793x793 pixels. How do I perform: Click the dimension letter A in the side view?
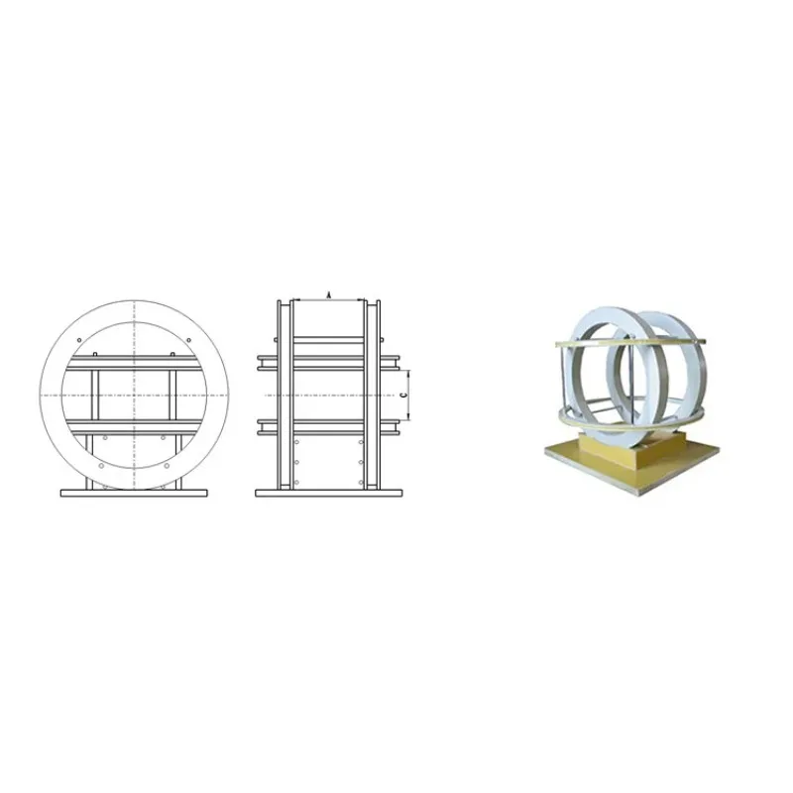coord(329,294)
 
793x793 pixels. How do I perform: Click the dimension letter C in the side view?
coord(403,395)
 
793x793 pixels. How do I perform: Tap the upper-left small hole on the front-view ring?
coord(79,340)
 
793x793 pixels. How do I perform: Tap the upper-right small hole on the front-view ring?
coord(188,340)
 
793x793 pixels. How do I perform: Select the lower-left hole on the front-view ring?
coord(101,465)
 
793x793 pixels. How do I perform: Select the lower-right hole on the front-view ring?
coord(167,465)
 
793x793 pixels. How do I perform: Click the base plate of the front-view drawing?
coord(134,493)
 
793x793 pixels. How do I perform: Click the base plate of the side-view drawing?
coord(329,493)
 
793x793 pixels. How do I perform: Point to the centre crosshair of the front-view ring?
coord(134,395)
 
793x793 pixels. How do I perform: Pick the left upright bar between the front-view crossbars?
coord(95,395)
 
